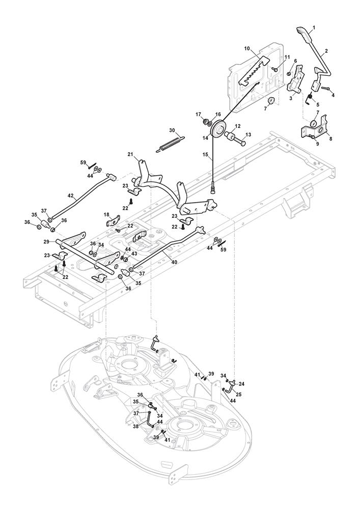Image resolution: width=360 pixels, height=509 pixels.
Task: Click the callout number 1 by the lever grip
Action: pos(314,27)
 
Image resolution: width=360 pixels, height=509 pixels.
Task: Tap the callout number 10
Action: pos(247,49)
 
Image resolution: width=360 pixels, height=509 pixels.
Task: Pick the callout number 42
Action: pos(71,195)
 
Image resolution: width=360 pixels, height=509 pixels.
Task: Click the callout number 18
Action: pos(107,215)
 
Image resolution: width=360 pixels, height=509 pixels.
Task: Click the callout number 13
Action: pos(248,134)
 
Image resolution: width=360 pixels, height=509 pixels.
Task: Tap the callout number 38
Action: pos(135,426)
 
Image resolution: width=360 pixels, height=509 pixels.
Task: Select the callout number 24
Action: pos(242,384)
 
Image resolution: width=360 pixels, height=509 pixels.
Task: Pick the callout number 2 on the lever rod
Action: pos(325,51)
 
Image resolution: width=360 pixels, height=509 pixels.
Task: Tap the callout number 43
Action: pos(134,254)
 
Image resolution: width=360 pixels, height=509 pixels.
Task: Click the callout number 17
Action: pos(199,115)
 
